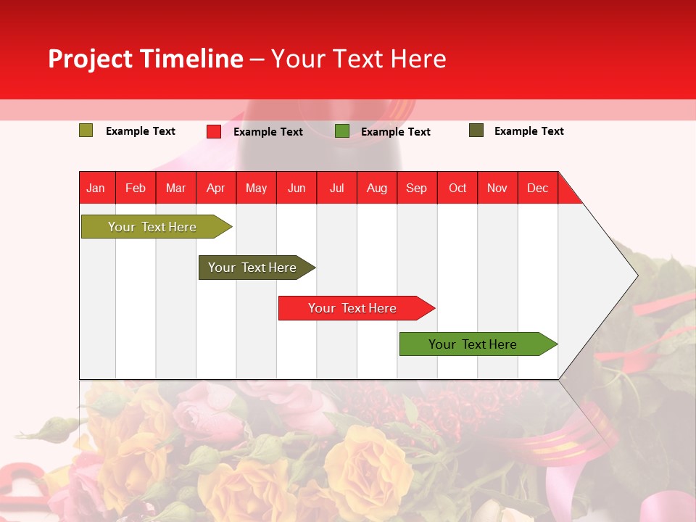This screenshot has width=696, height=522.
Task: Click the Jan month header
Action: (x=96, y=188)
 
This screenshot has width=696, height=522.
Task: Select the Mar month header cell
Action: (x=175, y=188)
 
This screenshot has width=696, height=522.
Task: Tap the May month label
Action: (x=256, y=188)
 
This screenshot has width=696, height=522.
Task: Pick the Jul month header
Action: (x=336, y=188)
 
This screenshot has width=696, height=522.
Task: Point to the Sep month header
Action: (x=416, y=188)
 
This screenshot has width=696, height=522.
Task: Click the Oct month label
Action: (x=457, y=188)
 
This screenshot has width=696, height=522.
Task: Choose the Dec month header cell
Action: (x=537, y=188)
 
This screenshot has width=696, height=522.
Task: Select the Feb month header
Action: (x=136, y=188)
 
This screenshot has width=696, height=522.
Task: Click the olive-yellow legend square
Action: (x=86, y=130)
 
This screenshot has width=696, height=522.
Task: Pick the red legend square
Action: (x=214, y=131)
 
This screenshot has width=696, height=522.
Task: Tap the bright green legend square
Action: (x=342, y=131)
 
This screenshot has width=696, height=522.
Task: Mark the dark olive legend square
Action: (x=476, y=130)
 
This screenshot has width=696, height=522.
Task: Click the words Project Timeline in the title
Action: (x=145, y=59)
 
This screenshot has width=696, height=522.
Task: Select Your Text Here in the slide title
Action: (x=358, y=59)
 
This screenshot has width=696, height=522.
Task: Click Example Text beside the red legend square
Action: (x=268, y=132)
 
